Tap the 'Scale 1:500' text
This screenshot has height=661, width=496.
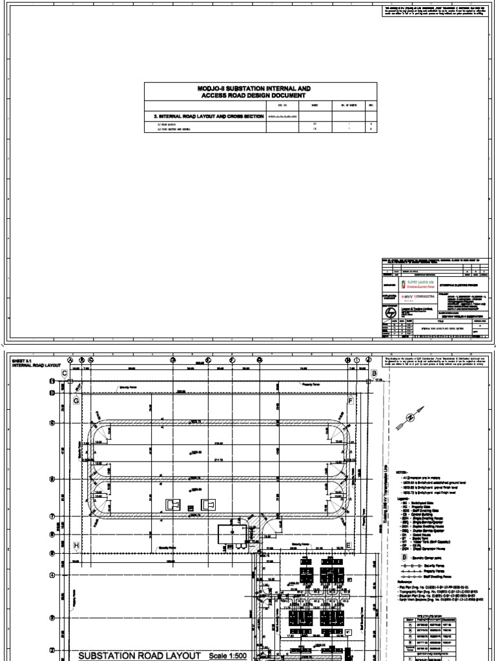click(x=227, y=656)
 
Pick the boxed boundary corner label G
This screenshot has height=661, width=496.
click(x=76, y=401)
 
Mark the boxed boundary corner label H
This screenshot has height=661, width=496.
click(x=76, y=545)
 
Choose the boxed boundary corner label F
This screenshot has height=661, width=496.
click(x=351, y=401)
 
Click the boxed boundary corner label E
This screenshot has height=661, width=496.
click(x=349, y=545)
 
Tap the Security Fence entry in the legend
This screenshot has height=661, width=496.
click(x=420, y=571)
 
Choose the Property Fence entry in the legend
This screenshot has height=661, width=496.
click(x=420, y=578)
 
